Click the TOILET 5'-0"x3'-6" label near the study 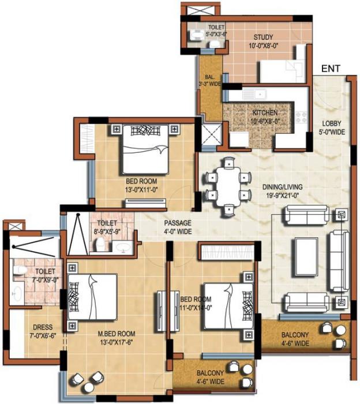point(216,30)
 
